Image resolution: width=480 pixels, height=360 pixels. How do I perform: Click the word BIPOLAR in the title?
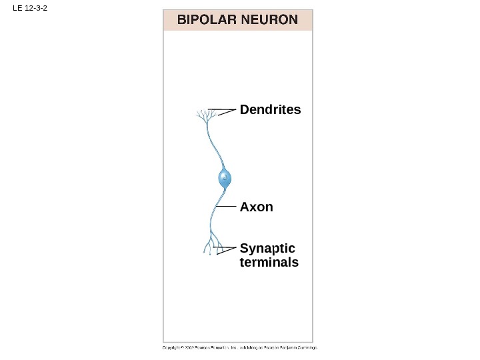[202, 20]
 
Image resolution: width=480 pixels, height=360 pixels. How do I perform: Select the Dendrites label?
[270, 109]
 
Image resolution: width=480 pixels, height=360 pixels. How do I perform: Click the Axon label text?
[256, 207]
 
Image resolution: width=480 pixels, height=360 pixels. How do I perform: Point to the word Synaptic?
[267, 249]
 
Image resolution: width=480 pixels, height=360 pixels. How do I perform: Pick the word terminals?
[269, 262]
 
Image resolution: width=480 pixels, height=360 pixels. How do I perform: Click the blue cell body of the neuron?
[225, 179]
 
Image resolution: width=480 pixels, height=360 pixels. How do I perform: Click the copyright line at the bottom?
[239, 347]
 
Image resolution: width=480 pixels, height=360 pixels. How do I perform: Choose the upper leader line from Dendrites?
[222, 109]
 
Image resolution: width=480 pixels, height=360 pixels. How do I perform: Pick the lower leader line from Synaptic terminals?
[227, 251]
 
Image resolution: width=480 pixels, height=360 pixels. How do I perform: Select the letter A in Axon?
[244, 207]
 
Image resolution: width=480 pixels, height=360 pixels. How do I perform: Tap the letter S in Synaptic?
[243, 249]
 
